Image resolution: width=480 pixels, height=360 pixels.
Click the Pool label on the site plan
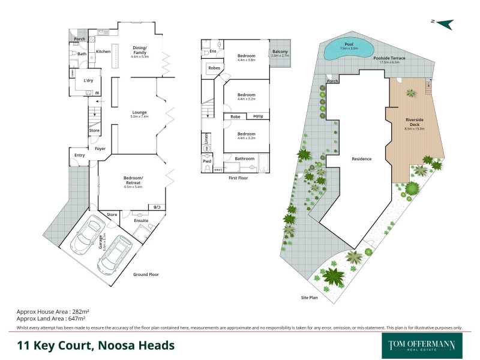[348, 44]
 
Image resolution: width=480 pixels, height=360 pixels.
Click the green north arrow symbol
[444, 23]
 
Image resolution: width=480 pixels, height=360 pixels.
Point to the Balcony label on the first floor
[280, 52]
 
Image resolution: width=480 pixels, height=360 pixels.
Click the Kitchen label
[103, 52]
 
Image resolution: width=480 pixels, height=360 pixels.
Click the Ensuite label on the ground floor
[141, 220]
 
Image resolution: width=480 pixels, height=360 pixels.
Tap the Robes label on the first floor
[214, 68]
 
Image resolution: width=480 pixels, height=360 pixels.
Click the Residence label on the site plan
[362, 159]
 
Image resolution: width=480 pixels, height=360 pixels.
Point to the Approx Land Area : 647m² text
[51, 319]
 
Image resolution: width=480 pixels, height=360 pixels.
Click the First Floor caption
[239, 178]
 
